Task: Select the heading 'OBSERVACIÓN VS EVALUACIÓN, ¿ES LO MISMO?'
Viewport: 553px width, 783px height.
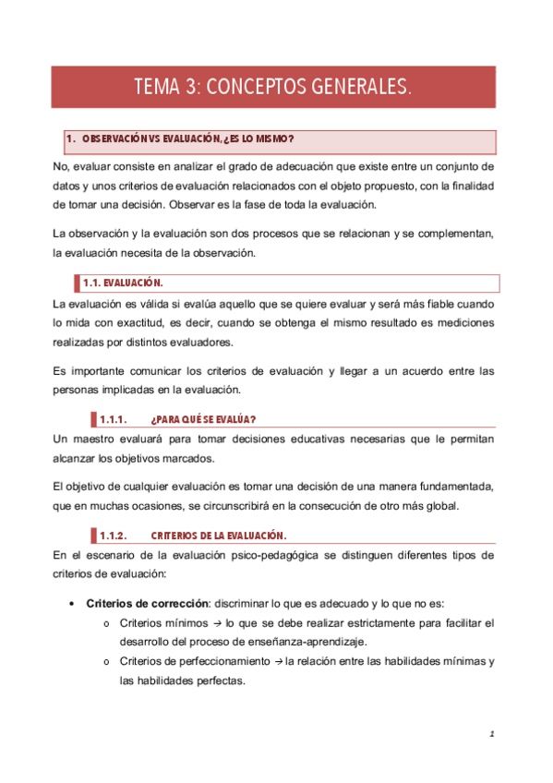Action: tap(188, 139)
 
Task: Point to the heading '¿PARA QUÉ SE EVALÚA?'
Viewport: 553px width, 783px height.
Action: tap(202, 418)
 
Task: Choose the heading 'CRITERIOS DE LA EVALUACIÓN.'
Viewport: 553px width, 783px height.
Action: tap(218, 536)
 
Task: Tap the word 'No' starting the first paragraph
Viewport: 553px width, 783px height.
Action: tap(61, 167)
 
